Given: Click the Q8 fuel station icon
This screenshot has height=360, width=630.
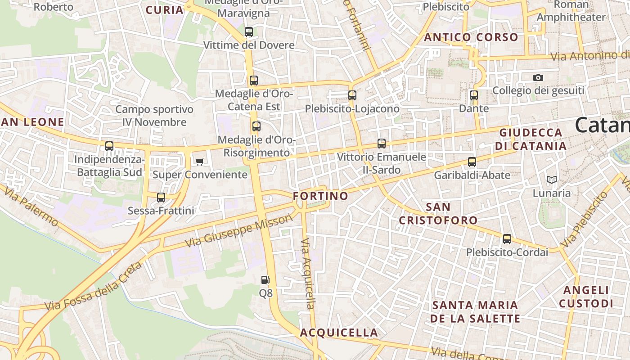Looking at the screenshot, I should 265,280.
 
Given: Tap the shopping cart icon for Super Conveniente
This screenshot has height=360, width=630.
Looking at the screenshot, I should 199,162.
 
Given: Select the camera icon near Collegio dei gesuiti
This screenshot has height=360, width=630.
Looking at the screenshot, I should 538,78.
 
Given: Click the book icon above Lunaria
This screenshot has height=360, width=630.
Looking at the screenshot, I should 551,180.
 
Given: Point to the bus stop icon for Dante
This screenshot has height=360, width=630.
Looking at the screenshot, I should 473,95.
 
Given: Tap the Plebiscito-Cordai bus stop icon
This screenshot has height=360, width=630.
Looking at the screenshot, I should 507,239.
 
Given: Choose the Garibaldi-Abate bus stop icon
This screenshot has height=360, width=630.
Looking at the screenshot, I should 472,162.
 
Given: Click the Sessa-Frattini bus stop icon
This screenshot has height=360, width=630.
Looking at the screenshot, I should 161,198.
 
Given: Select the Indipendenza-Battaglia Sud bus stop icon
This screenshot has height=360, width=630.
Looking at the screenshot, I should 109,146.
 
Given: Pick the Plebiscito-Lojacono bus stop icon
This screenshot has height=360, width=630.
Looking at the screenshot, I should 352,95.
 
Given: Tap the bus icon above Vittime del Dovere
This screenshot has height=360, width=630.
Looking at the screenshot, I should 248,32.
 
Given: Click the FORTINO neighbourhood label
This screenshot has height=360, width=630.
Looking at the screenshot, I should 320,196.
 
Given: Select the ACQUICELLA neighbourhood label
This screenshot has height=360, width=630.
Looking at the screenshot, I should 339,333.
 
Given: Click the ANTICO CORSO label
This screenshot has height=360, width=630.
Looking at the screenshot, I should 471,37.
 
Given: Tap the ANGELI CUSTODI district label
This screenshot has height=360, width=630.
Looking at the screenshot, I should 586,297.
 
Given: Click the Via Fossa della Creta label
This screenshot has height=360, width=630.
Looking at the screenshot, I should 94,286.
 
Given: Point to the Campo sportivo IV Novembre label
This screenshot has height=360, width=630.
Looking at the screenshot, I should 154,116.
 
